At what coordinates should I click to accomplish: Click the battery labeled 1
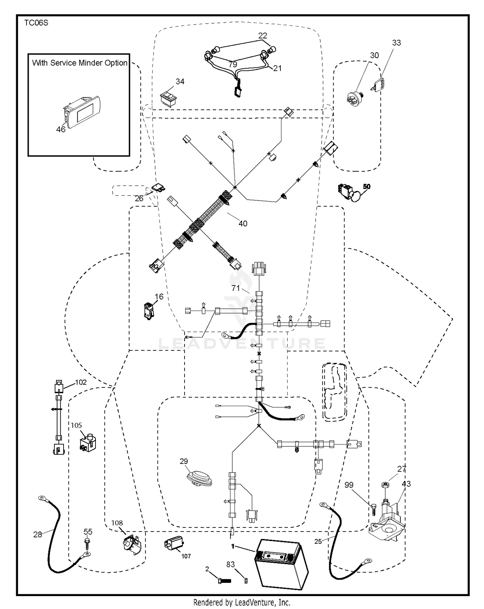pos(281,564)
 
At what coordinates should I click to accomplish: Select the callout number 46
pos(61,129)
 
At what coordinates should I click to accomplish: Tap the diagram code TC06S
pos(36,23)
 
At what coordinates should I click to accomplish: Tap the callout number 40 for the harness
pos(243,224)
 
